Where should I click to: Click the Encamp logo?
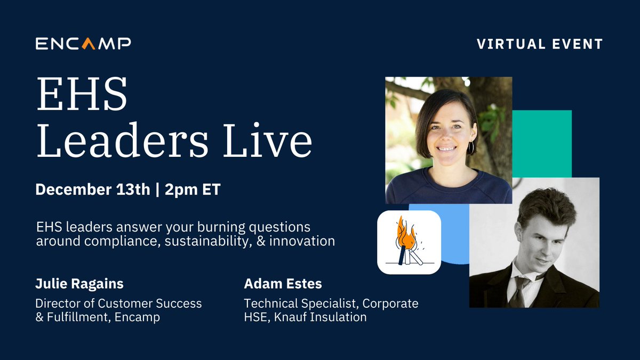click(83, 43)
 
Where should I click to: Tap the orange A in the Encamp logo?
click(89, 43)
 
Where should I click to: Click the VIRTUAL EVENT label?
click(540, 44)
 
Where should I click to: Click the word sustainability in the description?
click(201, 241)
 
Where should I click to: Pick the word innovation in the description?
click(302, 241)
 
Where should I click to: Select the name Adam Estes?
click(283, 284)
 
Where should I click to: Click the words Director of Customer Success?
click(118, 303)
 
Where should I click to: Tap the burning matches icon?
click(409, 242)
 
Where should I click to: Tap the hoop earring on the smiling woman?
click(470, 147)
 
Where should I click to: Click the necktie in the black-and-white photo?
click(516, 290)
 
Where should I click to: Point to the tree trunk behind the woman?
click(491, 101)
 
